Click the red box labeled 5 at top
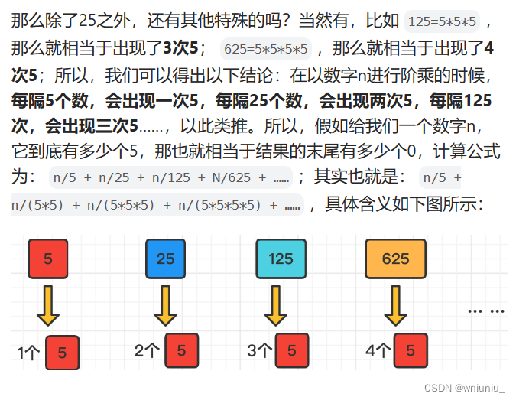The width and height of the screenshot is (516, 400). [48, 259]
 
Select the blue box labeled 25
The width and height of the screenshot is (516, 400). [165, 259]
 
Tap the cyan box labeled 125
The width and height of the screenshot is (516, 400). [281, 259]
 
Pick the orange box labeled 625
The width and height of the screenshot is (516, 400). [395, 259]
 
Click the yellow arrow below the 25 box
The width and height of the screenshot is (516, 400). [165, 306]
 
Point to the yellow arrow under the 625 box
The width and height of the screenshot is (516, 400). [395, 306]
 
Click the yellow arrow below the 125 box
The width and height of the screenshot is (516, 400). [281, 306]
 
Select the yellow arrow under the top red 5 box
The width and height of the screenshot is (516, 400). [48, 306]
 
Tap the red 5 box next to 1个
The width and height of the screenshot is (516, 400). [62, 353]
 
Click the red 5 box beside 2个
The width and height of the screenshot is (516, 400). [181, 351]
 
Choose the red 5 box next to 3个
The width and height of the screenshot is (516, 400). [292, 351]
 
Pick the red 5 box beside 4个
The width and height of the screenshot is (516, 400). [411, 351]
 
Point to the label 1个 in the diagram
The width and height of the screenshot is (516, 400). [28, 353]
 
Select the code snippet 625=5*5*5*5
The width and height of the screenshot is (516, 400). [265, 50]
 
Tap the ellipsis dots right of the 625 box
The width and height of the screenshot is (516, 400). [486, 311]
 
